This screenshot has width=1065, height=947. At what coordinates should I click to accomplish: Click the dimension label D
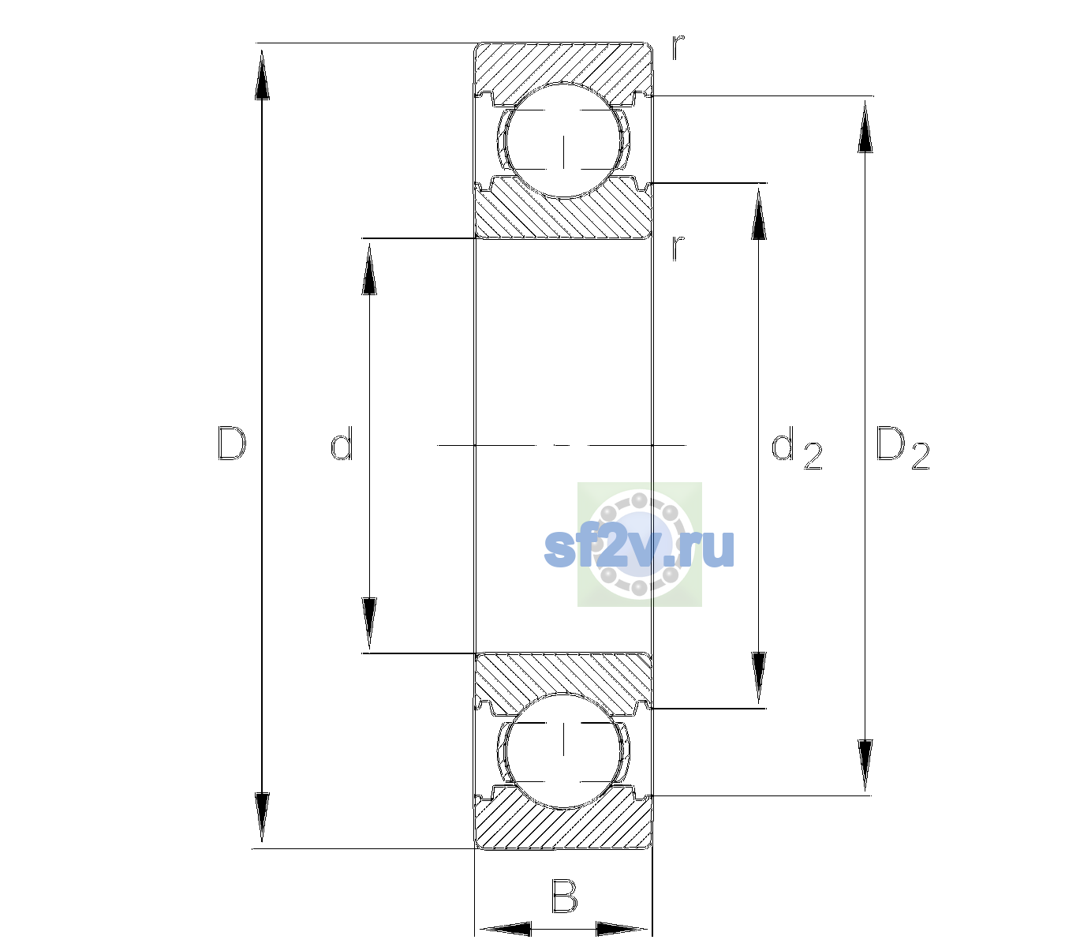(x=232, y=444)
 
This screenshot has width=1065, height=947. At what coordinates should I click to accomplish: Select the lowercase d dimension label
(x=342, y=444)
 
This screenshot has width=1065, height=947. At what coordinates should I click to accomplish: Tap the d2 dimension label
(x=797, y=447)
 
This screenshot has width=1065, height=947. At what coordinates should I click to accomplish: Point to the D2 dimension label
(x=902, y=447)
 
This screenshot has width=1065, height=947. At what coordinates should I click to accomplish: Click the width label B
(x=564, y=895)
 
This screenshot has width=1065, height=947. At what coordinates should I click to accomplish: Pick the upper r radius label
(x=678, y=47)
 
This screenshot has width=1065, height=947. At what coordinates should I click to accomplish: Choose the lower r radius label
(x=678, y=248)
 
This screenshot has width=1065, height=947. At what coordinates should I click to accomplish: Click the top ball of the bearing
(x=563, y=140)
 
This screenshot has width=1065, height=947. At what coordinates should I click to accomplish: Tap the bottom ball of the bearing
(x=563, y=750)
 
